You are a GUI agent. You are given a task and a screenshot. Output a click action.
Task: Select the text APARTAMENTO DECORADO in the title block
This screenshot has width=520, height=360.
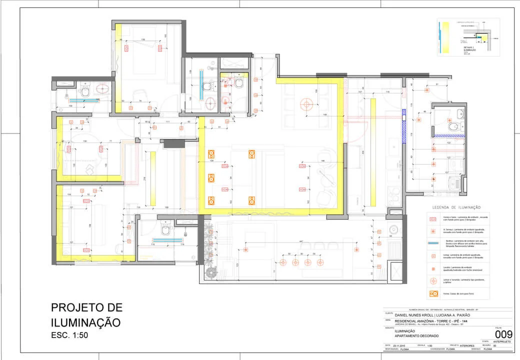tap(414, 335)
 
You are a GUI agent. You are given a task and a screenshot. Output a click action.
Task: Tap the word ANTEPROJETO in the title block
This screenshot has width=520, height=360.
tap(501, 341)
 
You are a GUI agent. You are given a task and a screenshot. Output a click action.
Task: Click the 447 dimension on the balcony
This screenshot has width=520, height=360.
tap(301, 242)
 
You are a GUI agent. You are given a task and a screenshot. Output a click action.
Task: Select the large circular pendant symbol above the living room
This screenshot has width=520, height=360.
tap(306, 104)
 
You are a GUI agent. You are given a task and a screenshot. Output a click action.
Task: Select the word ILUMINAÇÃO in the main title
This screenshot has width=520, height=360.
tap(85, 322)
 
